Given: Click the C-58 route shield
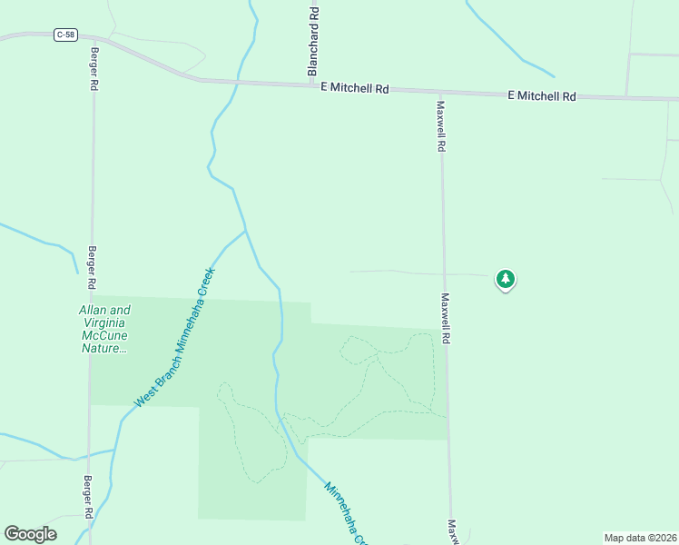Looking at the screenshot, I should pyautogui.click(x=64, y=35).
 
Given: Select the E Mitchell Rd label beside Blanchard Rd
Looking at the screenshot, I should pyautogui.click(x=355, y=88).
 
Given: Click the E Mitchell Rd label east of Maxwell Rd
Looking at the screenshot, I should pyautogui.click(x=542, y=95).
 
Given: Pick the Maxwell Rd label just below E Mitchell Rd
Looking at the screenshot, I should pyautogui.click(x=440, y=125).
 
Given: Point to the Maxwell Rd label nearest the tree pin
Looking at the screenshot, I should pyautogui.click(x=446, y=317).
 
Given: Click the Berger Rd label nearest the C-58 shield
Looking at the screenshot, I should pyautogui.click(x=93, y=71).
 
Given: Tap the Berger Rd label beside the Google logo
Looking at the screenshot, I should pyautogui.click(x=89, y=498).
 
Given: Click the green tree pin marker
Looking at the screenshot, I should pyautogui.click(x=506, y=279).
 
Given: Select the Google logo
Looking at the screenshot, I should pyautogui.click(x=30, y=534).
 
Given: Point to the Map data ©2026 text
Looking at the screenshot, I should pyautogui.click(x=639, y=537).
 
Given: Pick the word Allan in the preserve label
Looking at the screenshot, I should pyautogui.click(x=96, y=310).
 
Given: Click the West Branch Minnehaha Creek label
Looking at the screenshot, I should pyautogui.click(x=174, y=337).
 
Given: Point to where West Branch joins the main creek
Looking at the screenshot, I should pyautogui.click(x=246, y=231).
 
